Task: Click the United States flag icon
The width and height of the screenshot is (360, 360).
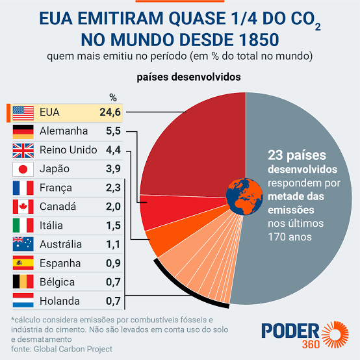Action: (x=23, y=113)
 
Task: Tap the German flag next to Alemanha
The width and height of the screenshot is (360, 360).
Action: (x=23, y=132)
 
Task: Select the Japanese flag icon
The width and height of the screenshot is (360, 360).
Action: (x=23, y=169)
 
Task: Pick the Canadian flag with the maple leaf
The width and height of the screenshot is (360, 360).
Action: (x=23, y=207)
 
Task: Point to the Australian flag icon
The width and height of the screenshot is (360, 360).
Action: (x=23, y=244)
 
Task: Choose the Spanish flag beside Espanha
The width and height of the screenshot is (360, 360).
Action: (x=23, y=263)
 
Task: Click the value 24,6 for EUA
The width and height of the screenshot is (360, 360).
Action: (x=110, y=112)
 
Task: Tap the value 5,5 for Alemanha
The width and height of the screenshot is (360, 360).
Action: (x=113, y=131)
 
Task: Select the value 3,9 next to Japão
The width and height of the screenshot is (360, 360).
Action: (x=113, y=169)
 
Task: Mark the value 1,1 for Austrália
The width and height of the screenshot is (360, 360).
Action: (x=113, y=244)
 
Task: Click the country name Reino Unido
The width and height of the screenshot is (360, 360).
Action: (x=68, y=150)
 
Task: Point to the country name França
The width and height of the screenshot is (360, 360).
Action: (x=56, y=188)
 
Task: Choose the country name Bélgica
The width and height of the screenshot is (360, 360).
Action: (x=57, y=282)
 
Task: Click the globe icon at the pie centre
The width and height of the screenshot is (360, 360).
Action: (x=244, y=196)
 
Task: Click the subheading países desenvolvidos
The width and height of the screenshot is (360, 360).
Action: (x=188, y=77)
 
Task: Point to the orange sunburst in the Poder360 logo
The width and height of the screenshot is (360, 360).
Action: (x=335, y=335)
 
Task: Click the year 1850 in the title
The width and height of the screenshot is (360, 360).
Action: (x=259, y=40)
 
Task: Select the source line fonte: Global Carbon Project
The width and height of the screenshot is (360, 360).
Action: (x=62, y=349)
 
